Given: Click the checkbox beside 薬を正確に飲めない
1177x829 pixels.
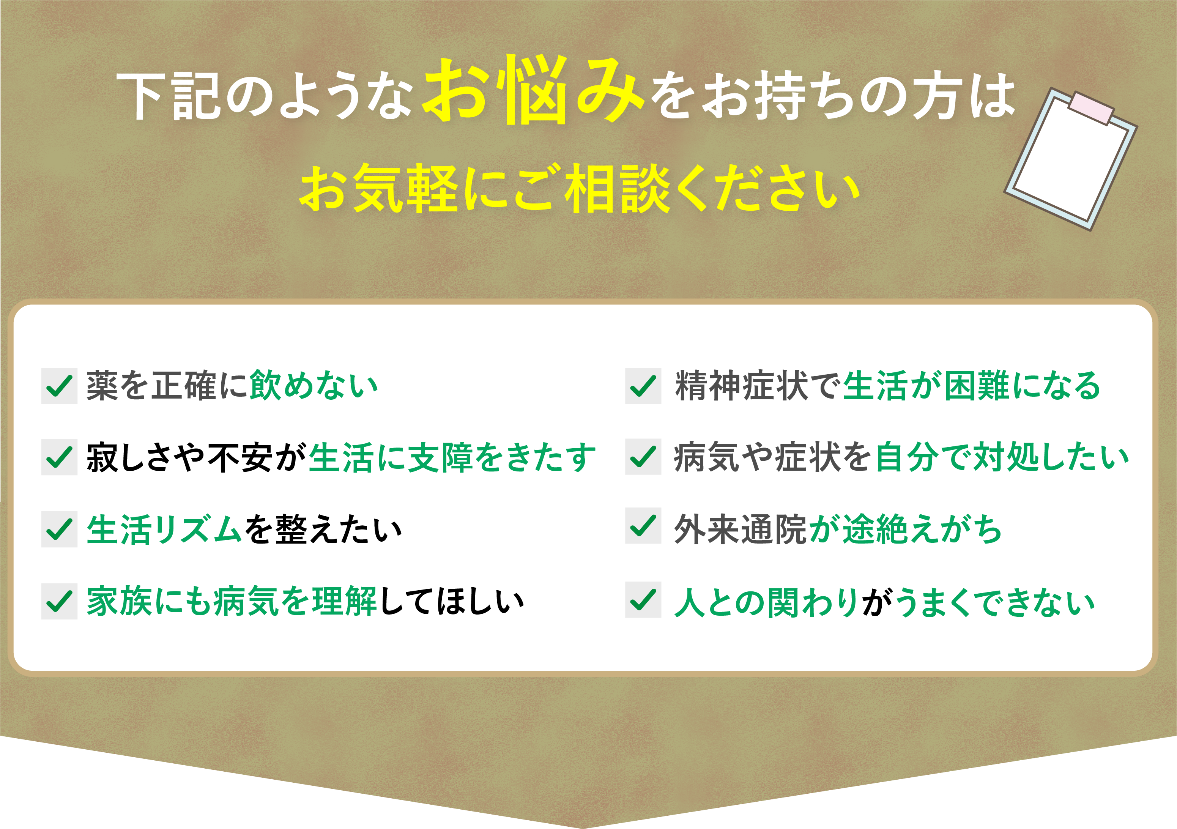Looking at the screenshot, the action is point(60,386).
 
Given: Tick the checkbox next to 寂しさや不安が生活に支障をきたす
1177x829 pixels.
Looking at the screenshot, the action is point(60,457).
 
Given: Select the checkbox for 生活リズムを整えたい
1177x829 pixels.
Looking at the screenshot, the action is point(60,529).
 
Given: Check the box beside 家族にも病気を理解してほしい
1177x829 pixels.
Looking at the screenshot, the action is point(60,601).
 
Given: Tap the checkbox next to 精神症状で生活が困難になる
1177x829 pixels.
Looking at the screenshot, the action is point(643,386).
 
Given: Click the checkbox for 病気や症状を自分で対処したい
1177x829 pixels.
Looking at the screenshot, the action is point(643,456).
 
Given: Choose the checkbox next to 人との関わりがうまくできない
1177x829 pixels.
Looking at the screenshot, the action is point(643,599).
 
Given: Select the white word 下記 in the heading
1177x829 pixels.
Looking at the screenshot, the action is point(170,96).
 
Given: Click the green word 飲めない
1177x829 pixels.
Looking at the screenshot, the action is point(314,386).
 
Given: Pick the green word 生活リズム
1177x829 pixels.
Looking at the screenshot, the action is point(164,529).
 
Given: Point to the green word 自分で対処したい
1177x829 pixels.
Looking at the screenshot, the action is point(1002,456).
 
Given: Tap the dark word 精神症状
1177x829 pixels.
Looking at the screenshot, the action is point(741,386).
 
